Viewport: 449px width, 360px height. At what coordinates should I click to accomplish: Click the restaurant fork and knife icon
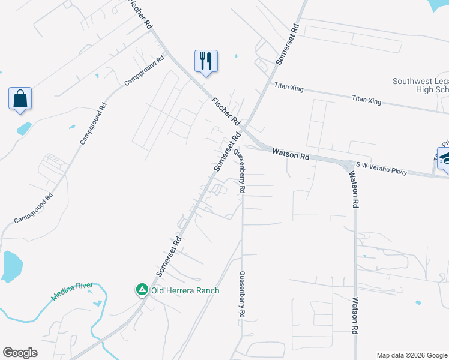206,61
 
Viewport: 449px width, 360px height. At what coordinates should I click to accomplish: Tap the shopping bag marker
20,98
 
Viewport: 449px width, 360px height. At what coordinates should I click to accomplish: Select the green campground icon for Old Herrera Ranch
142,290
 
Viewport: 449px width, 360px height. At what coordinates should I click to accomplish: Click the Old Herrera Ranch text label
184,291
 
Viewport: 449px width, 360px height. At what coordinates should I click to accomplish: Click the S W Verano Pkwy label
382,167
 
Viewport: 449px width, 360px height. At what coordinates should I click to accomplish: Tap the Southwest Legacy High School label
420,85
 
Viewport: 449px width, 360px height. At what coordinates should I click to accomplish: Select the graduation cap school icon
445,158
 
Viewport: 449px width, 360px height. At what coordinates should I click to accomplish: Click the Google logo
20,352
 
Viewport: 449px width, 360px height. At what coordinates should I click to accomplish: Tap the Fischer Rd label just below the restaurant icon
226,111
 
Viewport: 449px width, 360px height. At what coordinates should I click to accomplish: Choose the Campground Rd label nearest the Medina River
34,208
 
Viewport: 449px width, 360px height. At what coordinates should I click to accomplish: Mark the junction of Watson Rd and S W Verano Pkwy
348,165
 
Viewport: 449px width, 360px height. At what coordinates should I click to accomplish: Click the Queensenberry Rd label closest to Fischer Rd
239,170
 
